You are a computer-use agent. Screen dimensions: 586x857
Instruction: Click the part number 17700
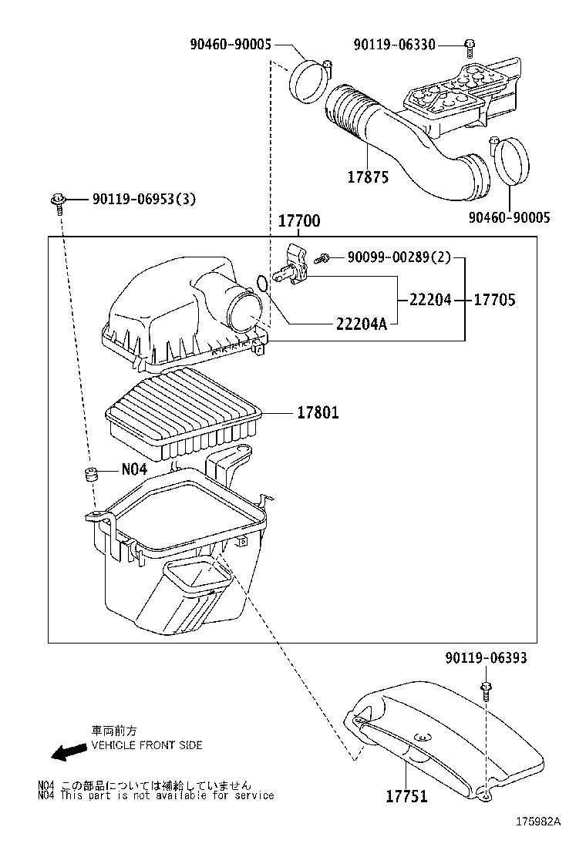[299, 221]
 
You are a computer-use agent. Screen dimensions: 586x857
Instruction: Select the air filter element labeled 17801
[182, 413]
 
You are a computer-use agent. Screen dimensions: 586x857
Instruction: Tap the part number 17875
[368, 177]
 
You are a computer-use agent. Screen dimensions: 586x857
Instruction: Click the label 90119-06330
[394, 45]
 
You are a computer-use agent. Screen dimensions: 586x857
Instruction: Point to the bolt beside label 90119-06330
[469, 47]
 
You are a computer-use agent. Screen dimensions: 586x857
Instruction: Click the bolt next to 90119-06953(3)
[57, 203]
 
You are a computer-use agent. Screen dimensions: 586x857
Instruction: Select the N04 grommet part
[89, 475]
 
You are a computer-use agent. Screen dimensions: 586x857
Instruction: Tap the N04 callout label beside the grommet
[134, 469]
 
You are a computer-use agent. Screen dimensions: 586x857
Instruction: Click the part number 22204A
[362, 324]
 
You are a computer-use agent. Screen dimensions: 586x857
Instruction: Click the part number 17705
[494, 300]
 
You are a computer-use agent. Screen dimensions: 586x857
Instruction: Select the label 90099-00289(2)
[399, 257]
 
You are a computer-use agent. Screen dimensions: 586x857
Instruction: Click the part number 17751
[406, 796]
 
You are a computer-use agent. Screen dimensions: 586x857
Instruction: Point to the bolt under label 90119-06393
[485, 691]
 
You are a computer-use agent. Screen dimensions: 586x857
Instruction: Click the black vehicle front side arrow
[69, 753]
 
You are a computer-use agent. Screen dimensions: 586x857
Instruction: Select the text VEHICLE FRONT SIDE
[146, 745]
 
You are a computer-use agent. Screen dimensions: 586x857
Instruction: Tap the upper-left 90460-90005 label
[230, 45]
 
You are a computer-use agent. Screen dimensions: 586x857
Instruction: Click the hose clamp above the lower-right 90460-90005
[510, 160]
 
